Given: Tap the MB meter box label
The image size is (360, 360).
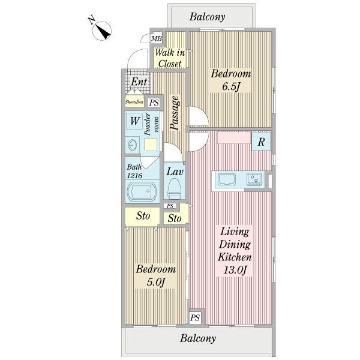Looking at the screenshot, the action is (157, 38).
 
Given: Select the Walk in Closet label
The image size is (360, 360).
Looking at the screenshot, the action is (170, 58).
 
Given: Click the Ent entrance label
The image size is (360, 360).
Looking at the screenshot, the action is (139, 82).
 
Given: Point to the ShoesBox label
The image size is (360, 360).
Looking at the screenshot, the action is (134, 102).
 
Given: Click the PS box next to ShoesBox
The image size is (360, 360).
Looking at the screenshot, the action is (154, 103).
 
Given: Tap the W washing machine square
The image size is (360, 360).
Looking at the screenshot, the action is (135, 121).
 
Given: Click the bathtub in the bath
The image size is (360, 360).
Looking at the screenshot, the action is (142, 191).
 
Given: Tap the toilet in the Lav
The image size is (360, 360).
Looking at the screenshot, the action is (174, 189).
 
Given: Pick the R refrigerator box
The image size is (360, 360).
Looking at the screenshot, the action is (261, 142).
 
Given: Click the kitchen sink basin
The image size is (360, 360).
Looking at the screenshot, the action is (227, 179).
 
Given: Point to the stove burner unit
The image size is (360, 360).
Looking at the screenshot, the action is (254, 179).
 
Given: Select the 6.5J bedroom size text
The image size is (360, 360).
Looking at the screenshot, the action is (231, 87).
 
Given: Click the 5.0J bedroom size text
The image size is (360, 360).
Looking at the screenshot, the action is (156, 282).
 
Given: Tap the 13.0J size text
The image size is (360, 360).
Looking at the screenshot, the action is (235, 270).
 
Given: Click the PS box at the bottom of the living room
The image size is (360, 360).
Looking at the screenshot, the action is (195, 318).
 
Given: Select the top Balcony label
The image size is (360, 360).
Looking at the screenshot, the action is (208, 17).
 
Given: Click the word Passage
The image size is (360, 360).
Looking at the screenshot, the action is (175, 113).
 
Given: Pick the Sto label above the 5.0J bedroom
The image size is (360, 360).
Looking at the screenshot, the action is (143, 216).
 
